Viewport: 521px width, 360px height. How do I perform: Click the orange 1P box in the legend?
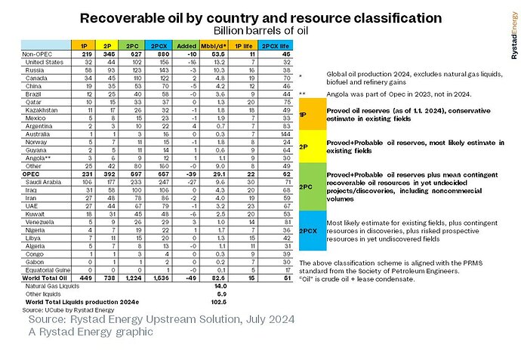coord(303,114)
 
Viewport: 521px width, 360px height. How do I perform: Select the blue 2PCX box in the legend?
coord(303,230)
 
